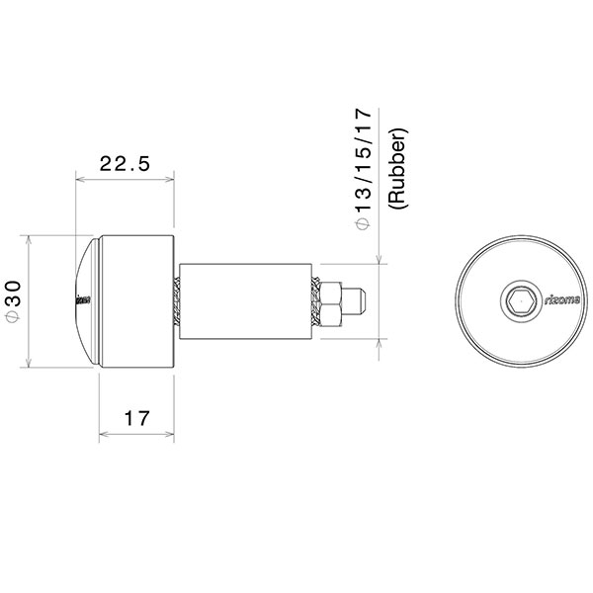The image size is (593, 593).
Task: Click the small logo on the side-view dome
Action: pos(82,299)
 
